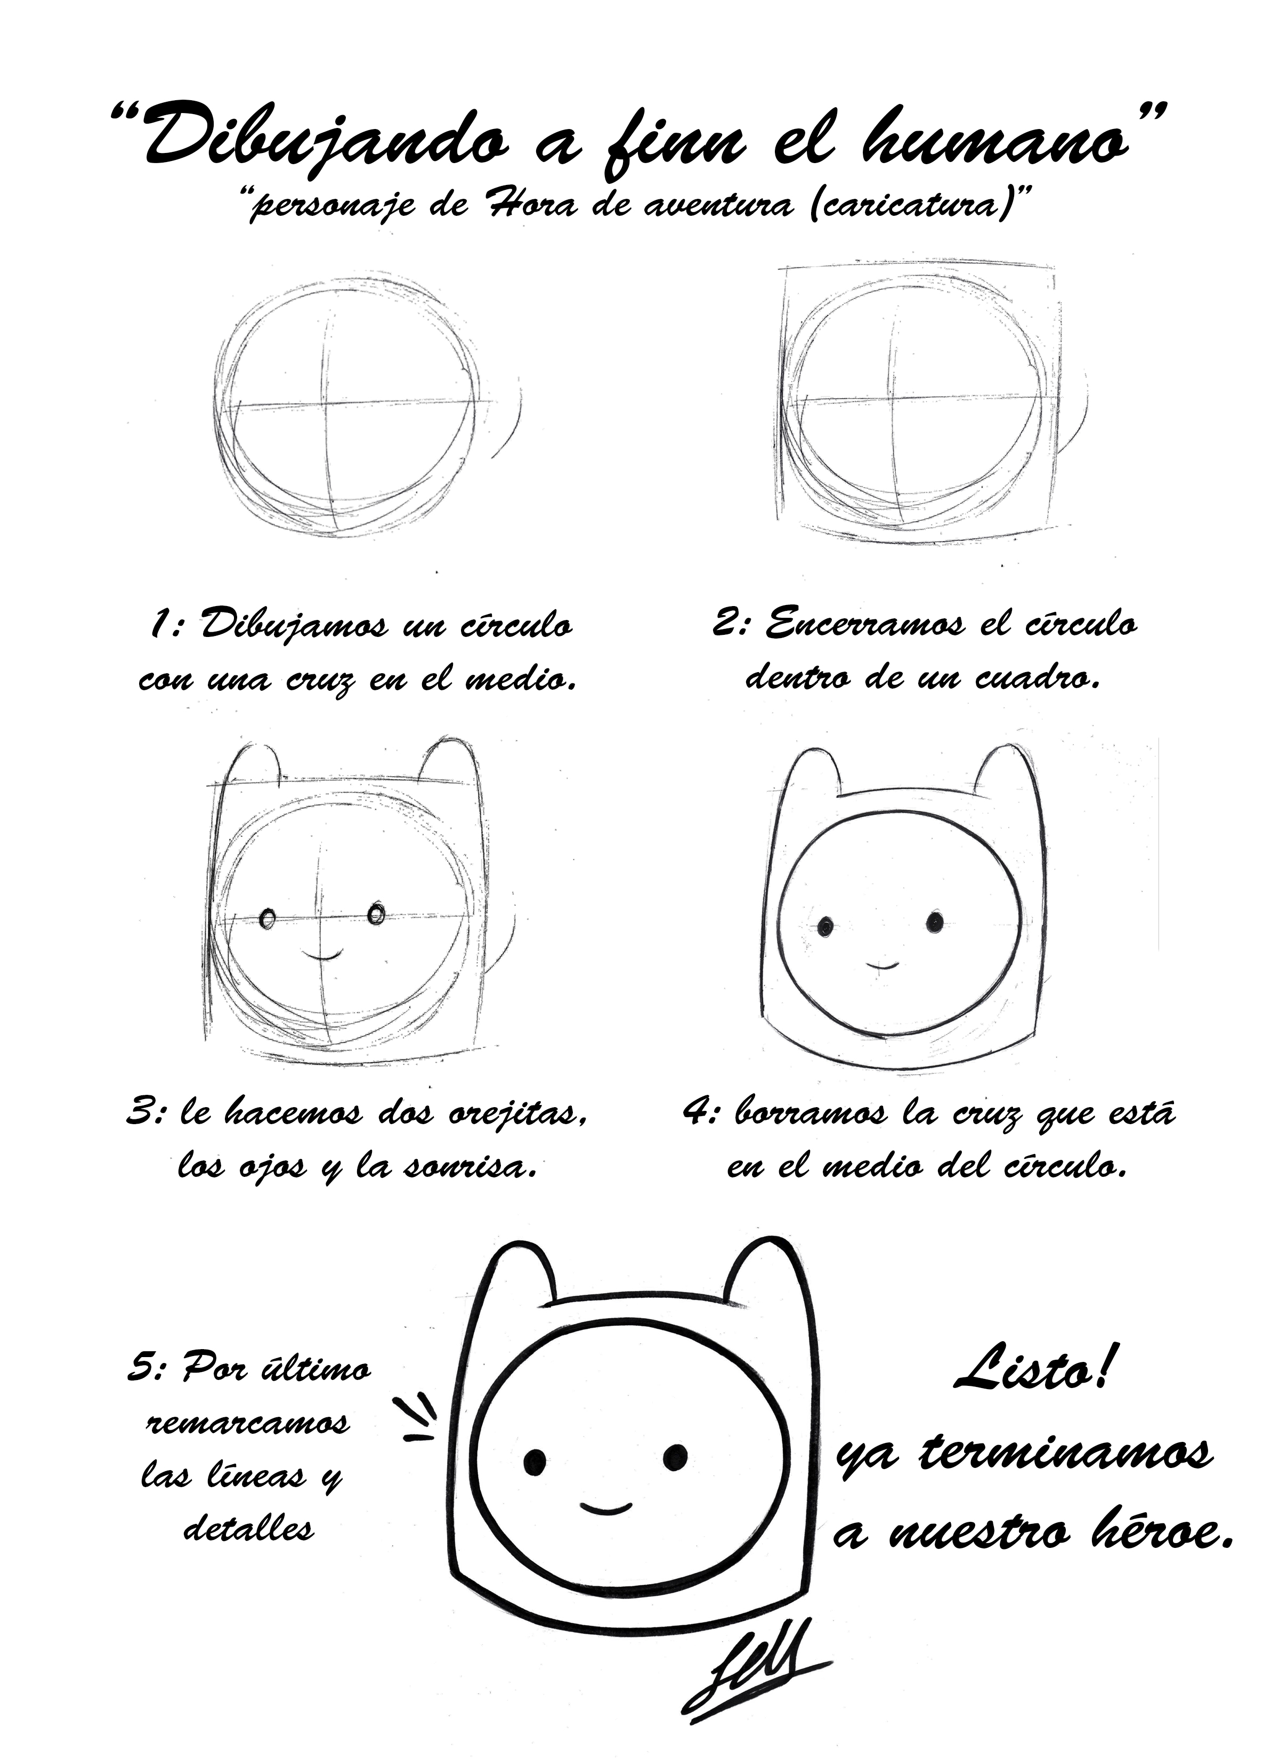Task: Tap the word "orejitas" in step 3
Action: coord(516,1114)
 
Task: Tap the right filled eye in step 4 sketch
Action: coord(935,922)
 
